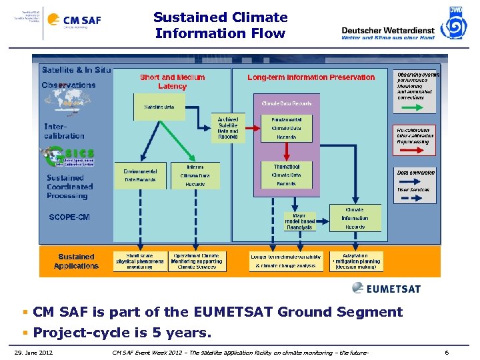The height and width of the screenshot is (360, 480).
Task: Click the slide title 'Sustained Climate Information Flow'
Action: [221, 25]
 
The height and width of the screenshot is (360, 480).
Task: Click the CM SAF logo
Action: [81, 20]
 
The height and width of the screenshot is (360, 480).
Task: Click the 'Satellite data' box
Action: [159, 107]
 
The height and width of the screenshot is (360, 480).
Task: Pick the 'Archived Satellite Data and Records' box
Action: [228, 128]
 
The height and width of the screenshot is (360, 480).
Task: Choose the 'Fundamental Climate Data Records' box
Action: [286, 128]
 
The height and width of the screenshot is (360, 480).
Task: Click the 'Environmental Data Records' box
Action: [140, 175]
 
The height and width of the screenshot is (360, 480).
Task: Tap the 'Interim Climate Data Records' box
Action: [195, 175]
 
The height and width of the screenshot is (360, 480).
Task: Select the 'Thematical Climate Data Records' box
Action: [286, 175]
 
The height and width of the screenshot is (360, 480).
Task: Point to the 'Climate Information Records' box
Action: [355, 218]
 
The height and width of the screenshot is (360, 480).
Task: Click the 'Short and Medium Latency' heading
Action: [172, 81]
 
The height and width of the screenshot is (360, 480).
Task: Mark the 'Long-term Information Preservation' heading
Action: [311, 77]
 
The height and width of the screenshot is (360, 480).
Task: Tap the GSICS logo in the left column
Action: [67, 157]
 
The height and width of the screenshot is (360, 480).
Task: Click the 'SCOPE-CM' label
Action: [69, 217]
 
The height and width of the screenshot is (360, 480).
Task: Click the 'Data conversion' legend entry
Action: [416, 173]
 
